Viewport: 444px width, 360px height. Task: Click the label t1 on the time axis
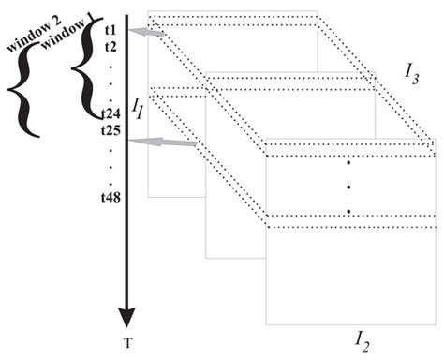pyautogui.click(x=111, y=30)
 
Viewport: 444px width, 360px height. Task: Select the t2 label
pyautogui.click(x=111, y=45)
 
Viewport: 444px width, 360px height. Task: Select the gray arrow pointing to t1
pyautogui.click(x=151, y=34)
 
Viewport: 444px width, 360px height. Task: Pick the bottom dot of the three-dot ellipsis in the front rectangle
pyautogui.click(x=348, y=211)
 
